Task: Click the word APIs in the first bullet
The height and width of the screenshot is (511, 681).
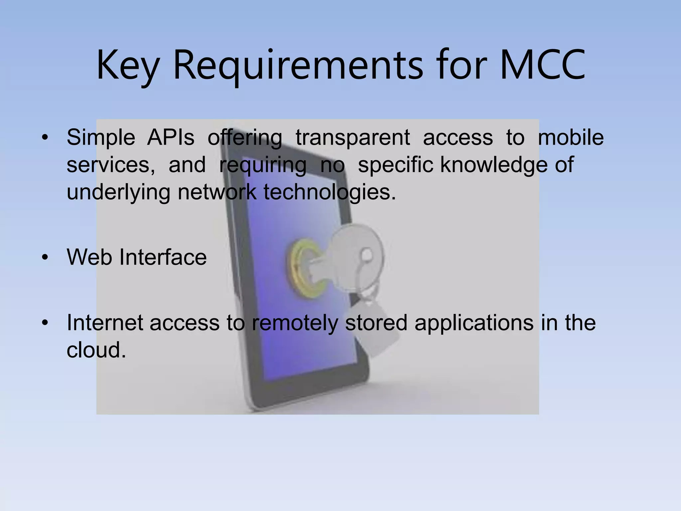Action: [x=171, y=137]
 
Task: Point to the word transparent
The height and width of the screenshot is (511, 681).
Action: [x=352, y=137]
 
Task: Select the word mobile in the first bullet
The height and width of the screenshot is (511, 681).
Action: [x=570, y=137]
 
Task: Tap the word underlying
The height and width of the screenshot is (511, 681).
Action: [x=118, y=192]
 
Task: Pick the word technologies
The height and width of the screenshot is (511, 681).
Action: [x=330, y=192]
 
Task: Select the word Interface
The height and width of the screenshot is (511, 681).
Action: [x=163, y=257]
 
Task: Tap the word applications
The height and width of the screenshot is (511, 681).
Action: [x=474, y=323]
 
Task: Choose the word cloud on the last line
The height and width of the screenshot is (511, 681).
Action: [x=96, y=350]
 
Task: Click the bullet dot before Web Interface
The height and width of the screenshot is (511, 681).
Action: [x=45, y=257]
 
